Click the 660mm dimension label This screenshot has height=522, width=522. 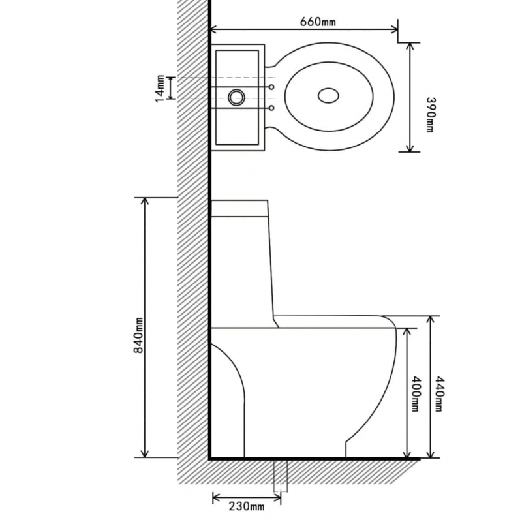pyautogui.click(x=317, y=22)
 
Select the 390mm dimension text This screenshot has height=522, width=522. pyautogui.click(x=429, y=115)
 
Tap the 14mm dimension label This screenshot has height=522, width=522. pyautogui.click(x=158, y=87)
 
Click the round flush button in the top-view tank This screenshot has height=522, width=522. pyautogui.click(x=236, y=98)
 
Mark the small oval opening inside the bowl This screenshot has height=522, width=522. pyautogui.click(x=329, y=96)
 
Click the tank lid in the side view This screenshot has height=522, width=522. pyautogui.click(x=239, y=209)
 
